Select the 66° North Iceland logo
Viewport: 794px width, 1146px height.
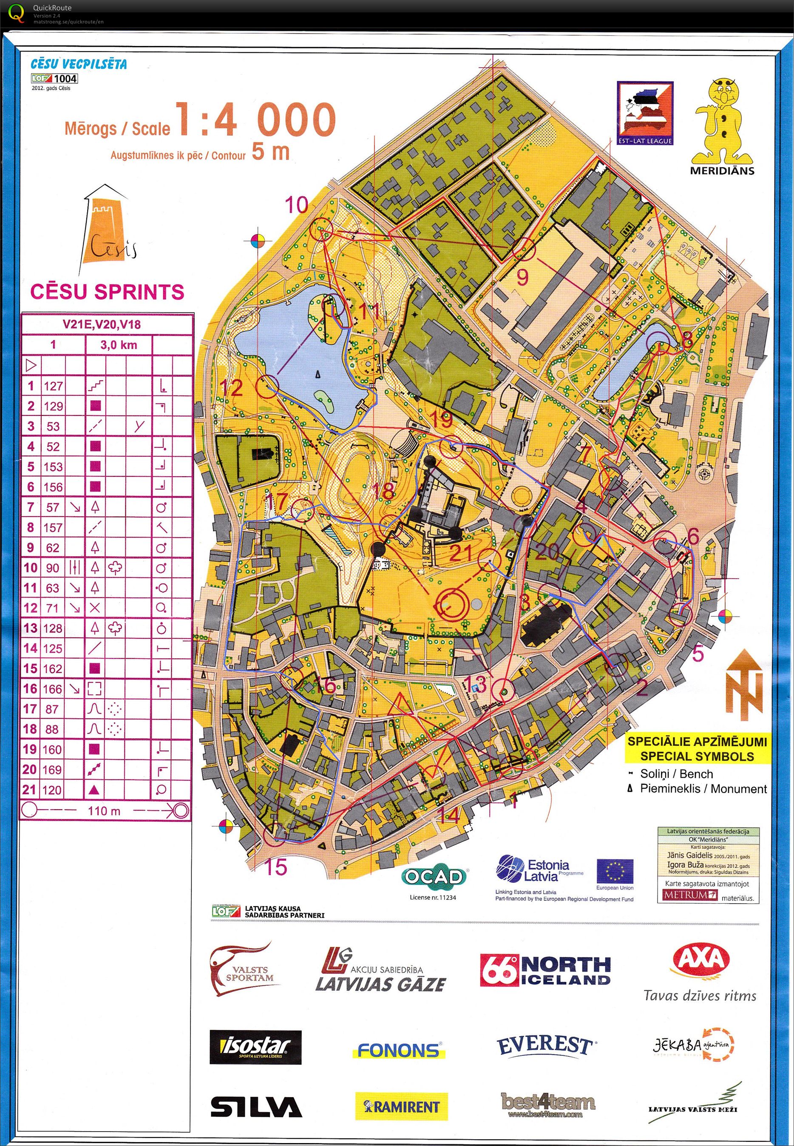point(545,970)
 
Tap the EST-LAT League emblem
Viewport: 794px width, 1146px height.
point(645,114)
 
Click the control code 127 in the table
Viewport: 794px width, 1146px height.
point(53,386)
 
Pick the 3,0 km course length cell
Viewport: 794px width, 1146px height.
point(119,345)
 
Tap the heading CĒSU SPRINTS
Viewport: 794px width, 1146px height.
point(107,292)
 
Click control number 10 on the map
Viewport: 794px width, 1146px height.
point(297,205)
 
